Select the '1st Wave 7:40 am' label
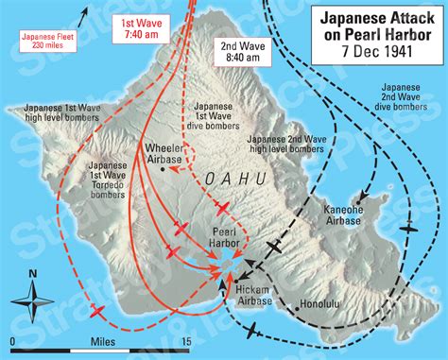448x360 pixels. [145, 26]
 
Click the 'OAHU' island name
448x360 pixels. [224, 180]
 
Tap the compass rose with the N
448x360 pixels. [34, 303]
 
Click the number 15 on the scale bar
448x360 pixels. [186, 340]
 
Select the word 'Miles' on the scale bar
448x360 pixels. [103, 340]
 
